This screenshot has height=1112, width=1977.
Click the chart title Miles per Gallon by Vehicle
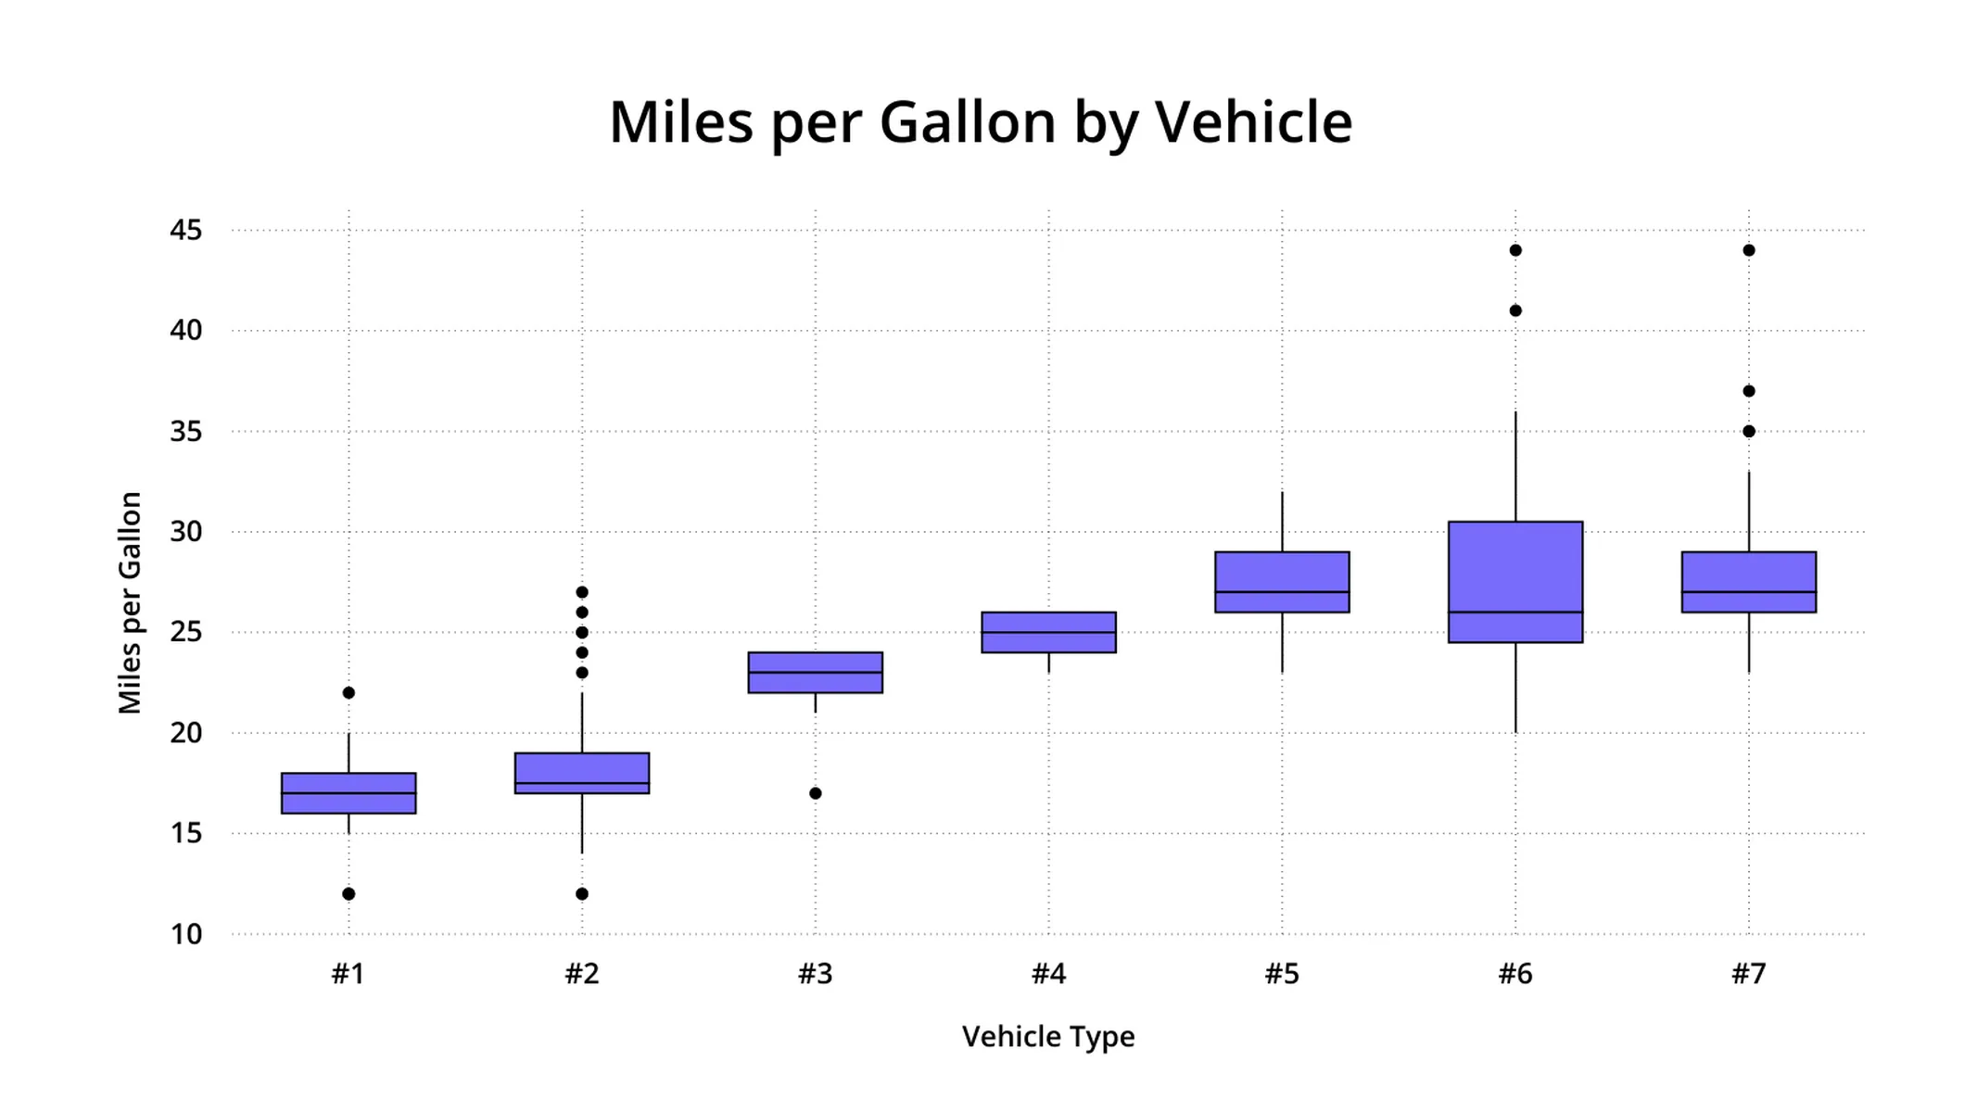(981, 122)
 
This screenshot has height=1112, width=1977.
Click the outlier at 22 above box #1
(349, 693)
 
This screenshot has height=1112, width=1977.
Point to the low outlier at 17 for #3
(816, 793)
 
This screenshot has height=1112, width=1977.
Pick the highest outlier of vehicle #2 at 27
(582, 592)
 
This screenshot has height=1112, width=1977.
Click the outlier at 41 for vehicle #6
(1515, 310)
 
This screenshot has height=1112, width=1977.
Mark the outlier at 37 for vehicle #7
(1749, 391)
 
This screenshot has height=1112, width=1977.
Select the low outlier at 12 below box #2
(582, 894)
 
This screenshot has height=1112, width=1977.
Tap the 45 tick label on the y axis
(185, 230)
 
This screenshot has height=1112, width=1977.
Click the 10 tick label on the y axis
(185, 934)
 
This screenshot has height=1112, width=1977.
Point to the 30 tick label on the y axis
(185, 532)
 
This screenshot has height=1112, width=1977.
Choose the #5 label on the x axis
(1282, 974)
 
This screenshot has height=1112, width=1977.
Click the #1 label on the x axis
(349, 974)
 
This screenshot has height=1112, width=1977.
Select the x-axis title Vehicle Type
(1048, 1036)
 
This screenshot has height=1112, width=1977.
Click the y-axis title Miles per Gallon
(131, 602)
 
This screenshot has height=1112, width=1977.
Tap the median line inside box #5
(1282, 592)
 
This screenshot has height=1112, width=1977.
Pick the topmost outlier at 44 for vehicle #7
(1749, 250)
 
